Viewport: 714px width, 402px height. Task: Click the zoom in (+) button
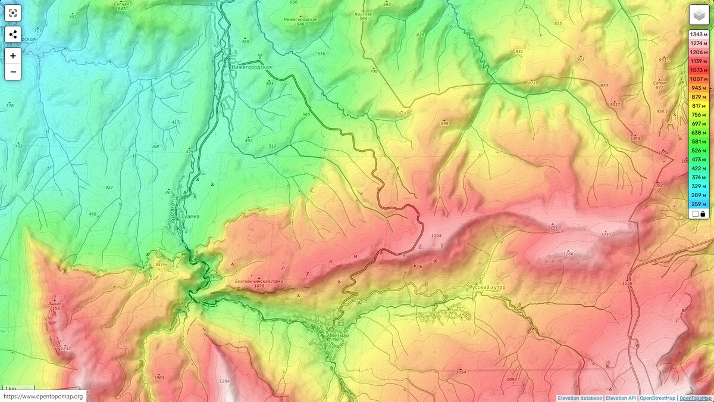pyautogui.click(x=13, y=55)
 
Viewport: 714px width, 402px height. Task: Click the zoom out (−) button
pyautogui.click(x=13, y=72)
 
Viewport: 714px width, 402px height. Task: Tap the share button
pyautogui.click(x=13, y=34)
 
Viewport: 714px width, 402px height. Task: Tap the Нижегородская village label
pyautogui.click(x=251, y=67)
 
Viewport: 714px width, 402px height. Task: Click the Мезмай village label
pyautogui.click(x=339, y=335)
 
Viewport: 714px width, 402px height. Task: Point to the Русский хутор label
pyautogui.click(x=487, y=288)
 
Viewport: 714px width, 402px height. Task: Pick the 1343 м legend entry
pyautogui.click(x=698, y=34)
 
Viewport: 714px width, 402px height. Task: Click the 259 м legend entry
pyautogui.click(x=698, y=204)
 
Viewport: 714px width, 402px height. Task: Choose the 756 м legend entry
pyautogui.click(x=698, y=114)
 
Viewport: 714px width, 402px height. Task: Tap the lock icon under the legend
pyautogui.click(x=703, y=213)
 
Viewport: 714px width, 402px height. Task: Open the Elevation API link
pyautogui.click(x=621, y=398)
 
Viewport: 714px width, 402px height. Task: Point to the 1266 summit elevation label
pyautogui.click(x=568, y=255)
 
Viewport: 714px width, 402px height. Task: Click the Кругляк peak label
pyautogui.click(x=364, y=14)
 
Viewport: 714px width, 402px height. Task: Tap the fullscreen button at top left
pyautogui.click(x=13, y=13)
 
